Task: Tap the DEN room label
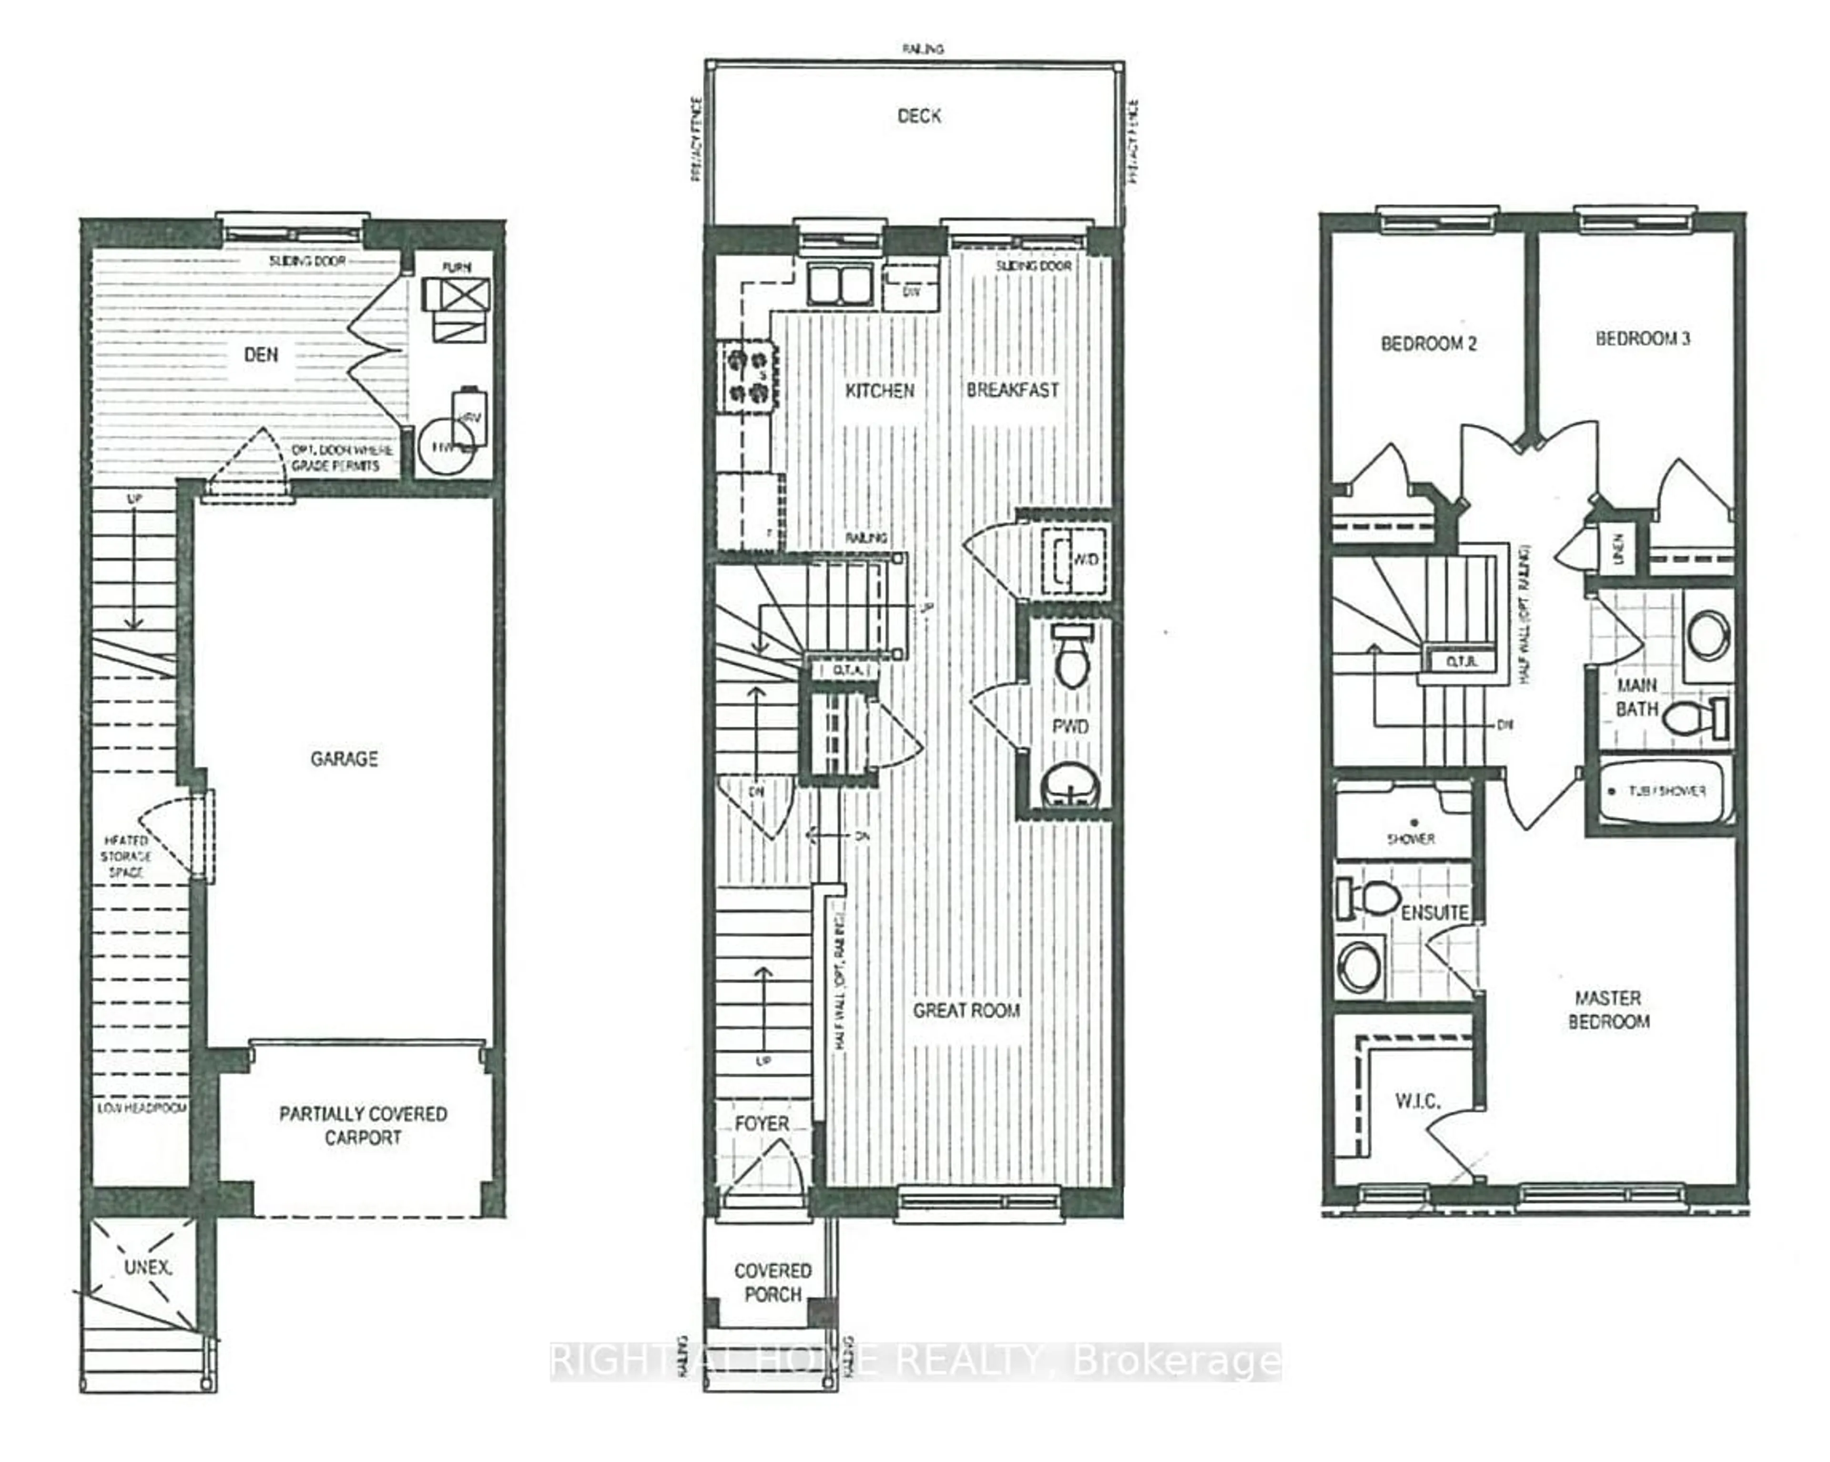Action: point(261,355)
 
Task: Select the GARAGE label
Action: point(344,758)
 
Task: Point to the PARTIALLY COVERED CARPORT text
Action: point(363,1125)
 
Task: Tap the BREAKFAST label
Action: point(1013,390)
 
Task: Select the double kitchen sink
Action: point(839,284)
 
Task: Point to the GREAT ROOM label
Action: point(966,1010)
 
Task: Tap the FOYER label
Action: point(762,1123)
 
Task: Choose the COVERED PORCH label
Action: point(773,1282)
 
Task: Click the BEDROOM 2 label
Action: point(1429,343)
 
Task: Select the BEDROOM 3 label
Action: point(1642,339)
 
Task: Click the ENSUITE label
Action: point(1434,913)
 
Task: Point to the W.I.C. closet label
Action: point(1417,1101)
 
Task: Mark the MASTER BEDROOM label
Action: point(1608,1010)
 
